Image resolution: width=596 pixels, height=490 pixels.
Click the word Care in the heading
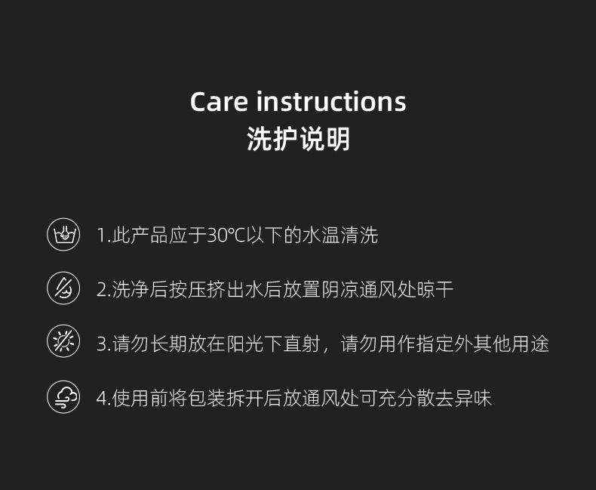[x=219, y=102]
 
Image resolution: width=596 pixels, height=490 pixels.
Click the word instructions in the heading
[x=331, y=101]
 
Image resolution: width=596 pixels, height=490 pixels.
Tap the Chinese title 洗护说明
[x=298, y=139]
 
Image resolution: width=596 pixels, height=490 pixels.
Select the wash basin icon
[x=63, y=234]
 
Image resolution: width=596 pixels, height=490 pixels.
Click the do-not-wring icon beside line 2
[x=63, y=288]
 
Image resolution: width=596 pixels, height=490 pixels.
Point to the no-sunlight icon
[x=63, y=341]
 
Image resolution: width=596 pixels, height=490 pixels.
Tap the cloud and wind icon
[x=63, y=397]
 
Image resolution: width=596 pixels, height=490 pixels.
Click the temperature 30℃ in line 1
[x=226, y=235]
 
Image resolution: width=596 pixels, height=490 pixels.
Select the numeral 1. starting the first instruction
[x=103, y=235]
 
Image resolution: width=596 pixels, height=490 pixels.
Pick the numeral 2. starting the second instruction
[x=103, y=289]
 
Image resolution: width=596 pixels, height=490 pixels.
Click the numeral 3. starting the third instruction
[x=103, y=344]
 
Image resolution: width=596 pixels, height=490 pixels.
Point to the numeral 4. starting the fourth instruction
[x=103, y=399]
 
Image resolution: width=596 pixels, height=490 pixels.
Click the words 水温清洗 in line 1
[x=340, y=235]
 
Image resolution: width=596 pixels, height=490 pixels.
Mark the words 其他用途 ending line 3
[x=512, y=344]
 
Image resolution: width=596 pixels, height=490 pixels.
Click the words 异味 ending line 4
[x=473, y=399]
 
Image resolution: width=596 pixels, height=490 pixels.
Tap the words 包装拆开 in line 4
[x=226, y=399]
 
